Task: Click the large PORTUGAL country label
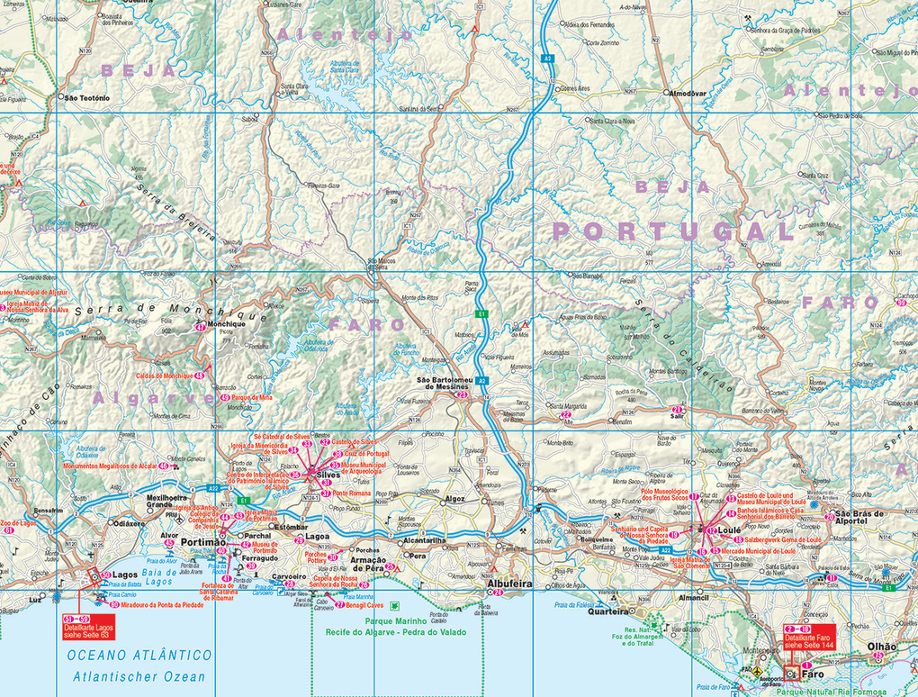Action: click(x=671, y=231)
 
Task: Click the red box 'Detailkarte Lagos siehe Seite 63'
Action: click(x=88, y=629)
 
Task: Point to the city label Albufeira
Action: click(x=509, y=584)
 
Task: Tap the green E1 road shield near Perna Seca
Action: click(x=482, y=313)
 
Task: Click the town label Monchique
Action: click(x=226, y=322)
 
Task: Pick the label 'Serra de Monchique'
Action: click(x=171, y=311)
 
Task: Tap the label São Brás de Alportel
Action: click(x=861, y=518)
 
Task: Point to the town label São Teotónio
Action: click(x=87, y=96)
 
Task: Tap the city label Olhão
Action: click(x=881, y=647)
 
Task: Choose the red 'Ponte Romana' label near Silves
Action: click(x=352, y=493)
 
